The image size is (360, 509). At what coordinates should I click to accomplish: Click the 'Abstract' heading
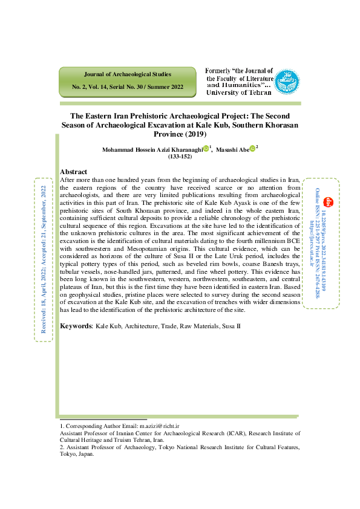[74, 172]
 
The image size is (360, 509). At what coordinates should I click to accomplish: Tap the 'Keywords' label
[76, 326]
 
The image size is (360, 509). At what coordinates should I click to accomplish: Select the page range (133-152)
[180, 157]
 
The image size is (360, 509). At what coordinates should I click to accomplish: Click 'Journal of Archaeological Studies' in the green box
[127, 74]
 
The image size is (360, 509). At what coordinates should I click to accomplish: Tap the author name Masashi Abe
[232, 149]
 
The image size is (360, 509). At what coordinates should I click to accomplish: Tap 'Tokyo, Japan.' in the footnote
[77, 454]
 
